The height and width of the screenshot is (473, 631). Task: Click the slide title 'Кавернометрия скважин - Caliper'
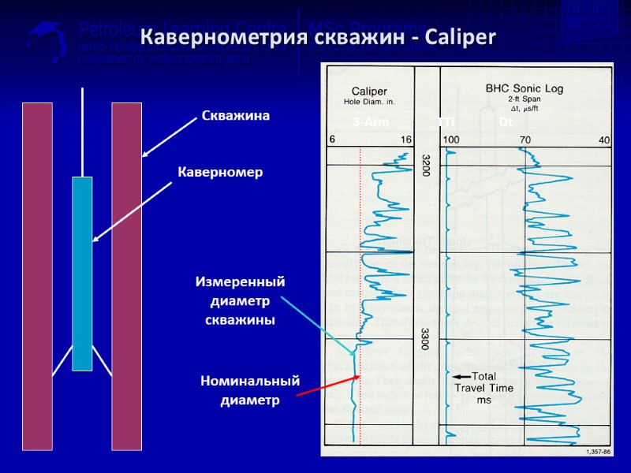click(317, 37)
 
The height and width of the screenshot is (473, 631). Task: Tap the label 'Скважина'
click(236, 116)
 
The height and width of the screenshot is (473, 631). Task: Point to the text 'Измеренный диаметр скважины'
click(240, 300)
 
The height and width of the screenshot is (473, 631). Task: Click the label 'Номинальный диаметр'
click(250, 390)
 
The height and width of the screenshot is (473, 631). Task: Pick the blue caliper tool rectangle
click(82, 273)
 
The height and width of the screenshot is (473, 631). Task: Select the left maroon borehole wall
click(37, 276)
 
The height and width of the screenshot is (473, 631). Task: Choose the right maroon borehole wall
click(126, 276)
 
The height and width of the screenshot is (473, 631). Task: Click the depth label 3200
click(426, 166)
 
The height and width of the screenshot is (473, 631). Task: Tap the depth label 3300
click(426, 339)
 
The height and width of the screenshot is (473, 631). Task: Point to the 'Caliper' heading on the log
click(368, 91)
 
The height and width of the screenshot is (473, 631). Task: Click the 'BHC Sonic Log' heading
click(524, 89)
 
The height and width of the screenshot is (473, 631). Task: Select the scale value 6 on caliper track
click(332, 140)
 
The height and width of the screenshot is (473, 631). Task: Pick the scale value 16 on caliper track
click(405, 140)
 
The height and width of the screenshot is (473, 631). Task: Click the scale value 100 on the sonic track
click(451, 140)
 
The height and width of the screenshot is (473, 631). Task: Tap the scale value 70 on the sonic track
click(525, 140)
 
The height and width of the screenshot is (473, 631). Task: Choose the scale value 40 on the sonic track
click(604, 140)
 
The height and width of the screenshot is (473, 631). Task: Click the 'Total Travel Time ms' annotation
click(484, 387)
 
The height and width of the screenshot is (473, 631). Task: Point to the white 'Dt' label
click(506, 122)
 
